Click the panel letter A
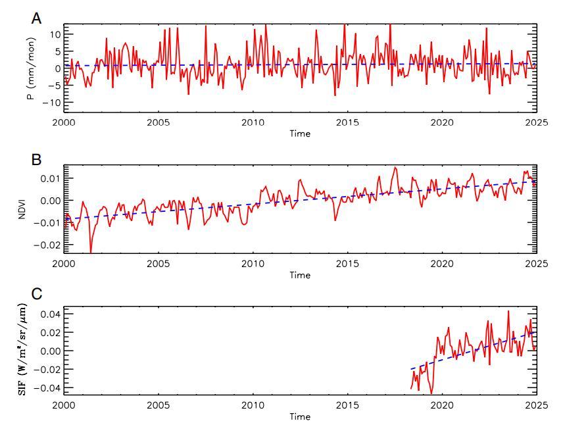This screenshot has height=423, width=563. click(37, 18)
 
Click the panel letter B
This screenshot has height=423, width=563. click(37, 160)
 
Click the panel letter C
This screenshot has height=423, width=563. click(37, 294)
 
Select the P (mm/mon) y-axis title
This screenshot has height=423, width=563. click(30, 68)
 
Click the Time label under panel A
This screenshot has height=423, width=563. click(300, 134)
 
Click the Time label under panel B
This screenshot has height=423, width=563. click(300, 275)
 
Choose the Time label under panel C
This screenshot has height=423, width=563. click(300, 416)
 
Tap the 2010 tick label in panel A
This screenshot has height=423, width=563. click(253, 123)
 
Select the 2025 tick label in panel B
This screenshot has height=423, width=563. click(535, 264)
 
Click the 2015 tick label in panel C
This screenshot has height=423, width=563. click(347, 405)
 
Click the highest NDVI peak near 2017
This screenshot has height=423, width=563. click(395, 167)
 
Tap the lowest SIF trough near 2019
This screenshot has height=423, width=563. click(431, 393)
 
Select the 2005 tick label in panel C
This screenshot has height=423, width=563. click(158, 405)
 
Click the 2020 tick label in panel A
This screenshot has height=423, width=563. click(442, 123)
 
